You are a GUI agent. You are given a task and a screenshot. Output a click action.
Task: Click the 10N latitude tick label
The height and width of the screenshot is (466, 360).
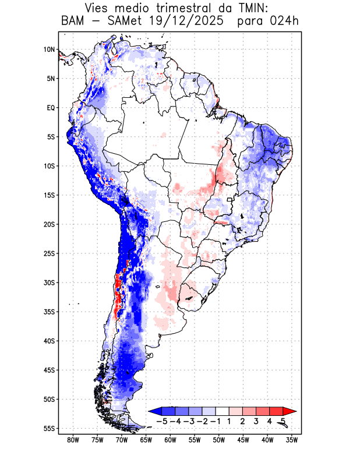coord(49,50)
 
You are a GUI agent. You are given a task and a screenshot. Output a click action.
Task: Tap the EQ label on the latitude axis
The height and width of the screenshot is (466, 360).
coord(51,108)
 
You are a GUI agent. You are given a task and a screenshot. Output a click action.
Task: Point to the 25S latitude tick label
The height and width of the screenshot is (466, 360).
coord(49,253)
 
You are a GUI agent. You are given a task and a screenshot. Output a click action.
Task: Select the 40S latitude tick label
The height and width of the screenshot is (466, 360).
coord(49,341)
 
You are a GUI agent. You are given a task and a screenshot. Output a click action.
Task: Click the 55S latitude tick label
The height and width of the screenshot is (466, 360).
coord(49,428)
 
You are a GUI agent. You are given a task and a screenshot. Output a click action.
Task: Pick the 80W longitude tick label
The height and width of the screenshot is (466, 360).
coord(73,440)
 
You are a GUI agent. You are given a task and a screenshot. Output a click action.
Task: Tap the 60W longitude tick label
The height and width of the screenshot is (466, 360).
coord(170,440)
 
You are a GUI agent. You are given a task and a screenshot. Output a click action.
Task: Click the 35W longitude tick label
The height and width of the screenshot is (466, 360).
coord(292,440)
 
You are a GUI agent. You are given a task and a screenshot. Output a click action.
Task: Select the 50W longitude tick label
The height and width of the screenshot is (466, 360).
coord(218,440)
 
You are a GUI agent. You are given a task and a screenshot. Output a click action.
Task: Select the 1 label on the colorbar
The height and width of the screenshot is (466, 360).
coord(229,421)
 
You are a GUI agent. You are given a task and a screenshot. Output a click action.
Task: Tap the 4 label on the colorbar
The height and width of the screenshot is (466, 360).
coord(269,421)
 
